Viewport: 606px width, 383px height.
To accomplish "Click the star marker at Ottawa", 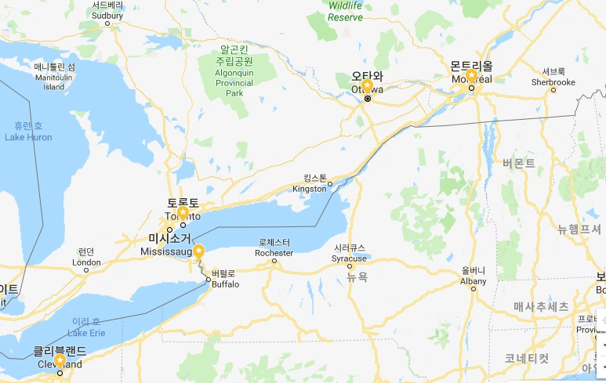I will [366, 85].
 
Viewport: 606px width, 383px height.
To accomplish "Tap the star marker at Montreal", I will [471, 75].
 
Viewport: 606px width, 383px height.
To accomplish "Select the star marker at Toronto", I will [183, 212].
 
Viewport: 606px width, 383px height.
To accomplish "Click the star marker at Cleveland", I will [60, 361].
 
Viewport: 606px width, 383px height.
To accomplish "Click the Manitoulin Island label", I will [54, 77].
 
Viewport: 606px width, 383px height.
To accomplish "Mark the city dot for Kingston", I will [330, 184].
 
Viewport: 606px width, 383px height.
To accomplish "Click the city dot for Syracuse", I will [350, 266].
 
